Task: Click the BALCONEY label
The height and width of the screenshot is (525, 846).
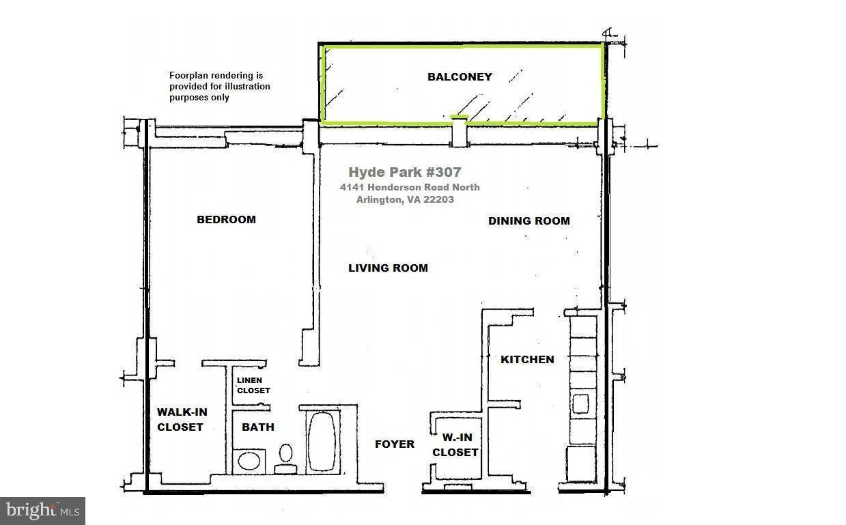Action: tap(460, 76)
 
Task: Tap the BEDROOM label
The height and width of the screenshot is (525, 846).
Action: tap(226, 219)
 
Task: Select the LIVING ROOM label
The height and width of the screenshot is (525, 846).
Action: tap(388, 268)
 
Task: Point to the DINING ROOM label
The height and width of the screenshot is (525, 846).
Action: tap(528, 221)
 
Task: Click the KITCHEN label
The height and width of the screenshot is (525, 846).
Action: tap(527, 359)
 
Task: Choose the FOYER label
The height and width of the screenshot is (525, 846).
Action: tap(394, 444)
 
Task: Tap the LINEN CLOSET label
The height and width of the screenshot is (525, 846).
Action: tap(253, 385)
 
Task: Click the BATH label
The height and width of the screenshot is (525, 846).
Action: tap(258, 427)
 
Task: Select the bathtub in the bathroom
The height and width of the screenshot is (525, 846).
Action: tap(322, 441)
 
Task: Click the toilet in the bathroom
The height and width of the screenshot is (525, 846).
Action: tap(285, 459)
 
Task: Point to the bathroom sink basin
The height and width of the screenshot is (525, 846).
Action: tap(249, 462)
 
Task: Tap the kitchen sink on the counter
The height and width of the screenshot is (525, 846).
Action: tap(580, 403)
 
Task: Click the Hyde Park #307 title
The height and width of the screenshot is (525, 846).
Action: tap(404, 172)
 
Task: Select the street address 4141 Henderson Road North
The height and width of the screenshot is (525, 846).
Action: tap(410, 187)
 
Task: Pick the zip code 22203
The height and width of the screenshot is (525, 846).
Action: tap(438, 199)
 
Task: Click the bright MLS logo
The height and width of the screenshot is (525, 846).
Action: tap(43, 511)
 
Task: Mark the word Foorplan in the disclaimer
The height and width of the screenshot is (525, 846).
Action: tap(190, 76)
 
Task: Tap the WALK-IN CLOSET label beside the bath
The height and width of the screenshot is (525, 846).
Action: tap(182, 419)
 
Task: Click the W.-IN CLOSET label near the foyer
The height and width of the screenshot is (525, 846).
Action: tap(455, 444)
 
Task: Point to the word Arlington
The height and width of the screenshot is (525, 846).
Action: tap(380, 199)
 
